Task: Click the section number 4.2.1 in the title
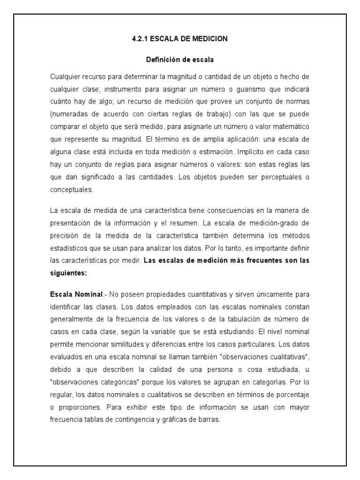pyautogui.click(x=140, y=39)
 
